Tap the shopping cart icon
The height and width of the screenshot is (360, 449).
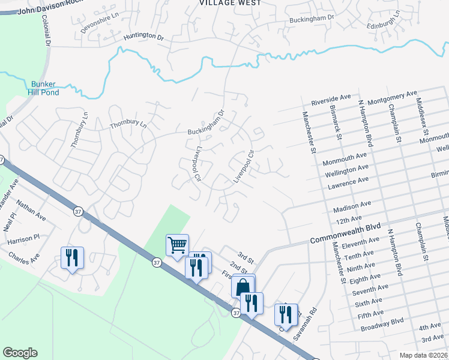pos(177,245)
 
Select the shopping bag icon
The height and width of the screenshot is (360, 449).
pos(243,286)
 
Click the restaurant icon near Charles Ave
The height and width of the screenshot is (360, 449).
pos(71,257)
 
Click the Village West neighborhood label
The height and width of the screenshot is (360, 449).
pos(231,3)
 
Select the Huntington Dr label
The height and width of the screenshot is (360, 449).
pos(143,37)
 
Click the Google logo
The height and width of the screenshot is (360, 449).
pos(20,353)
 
